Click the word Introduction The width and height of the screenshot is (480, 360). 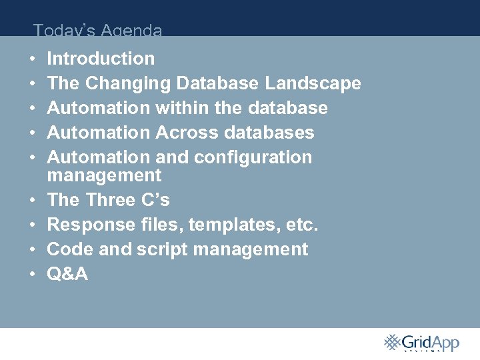[x=101, y=59]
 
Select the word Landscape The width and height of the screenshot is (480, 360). [x=313, y=84]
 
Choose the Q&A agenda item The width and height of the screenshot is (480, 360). [x=67, y=274]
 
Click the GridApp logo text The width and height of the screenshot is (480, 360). [x=430, y=343]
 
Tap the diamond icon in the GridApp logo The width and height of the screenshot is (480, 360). [x=391, y=342]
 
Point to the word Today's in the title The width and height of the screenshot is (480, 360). [x=63, y=30]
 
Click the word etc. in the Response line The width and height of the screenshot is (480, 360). [x=303, y=225]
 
